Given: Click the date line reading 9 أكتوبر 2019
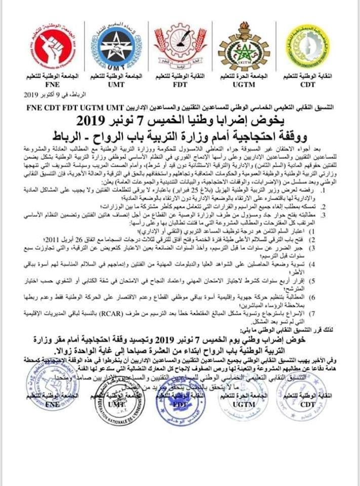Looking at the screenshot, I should (46, 95).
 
